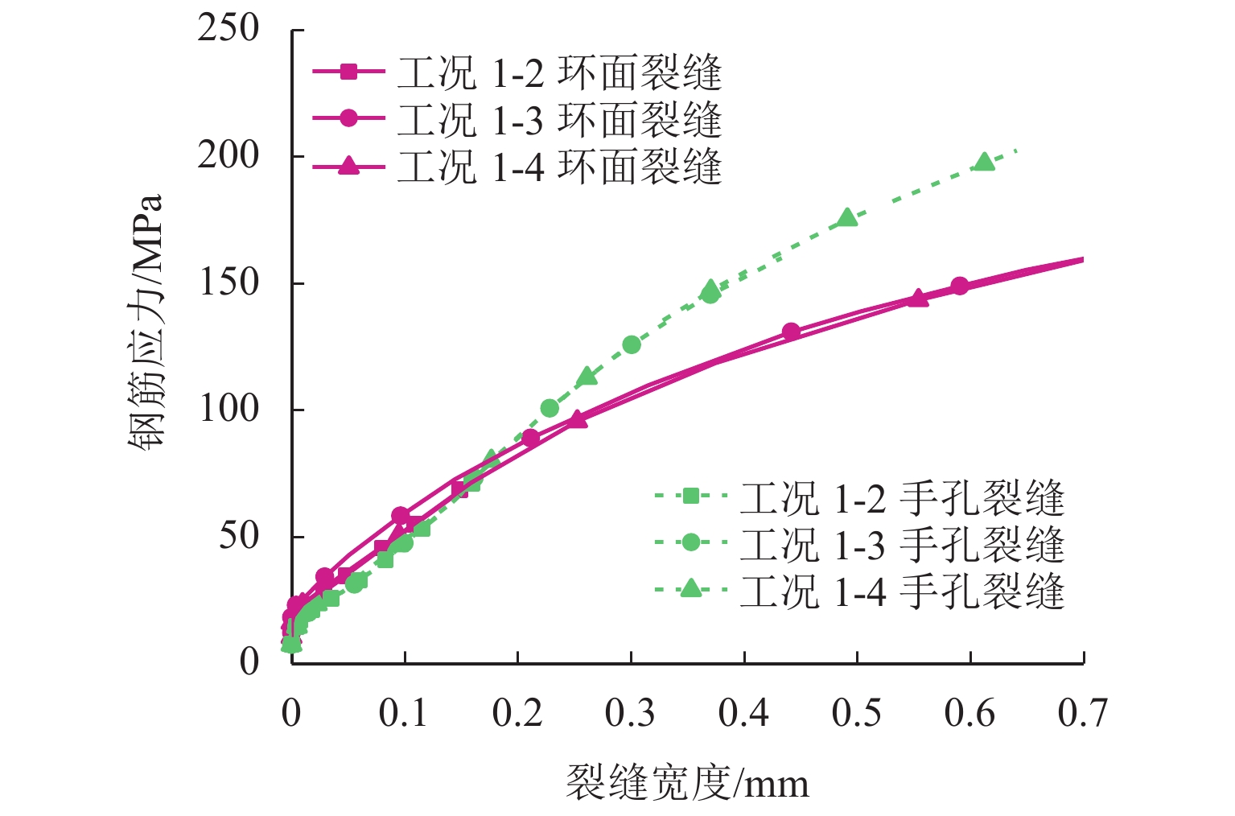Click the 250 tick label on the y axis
229,29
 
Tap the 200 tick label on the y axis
229,155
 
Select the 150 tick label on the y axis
229,282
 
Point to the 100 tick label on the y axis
229,409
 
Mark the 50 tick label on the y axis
239,536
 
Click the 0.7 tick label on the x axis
1083,713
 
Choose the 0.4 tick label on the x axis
743,713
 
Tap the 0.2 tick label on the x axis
517,713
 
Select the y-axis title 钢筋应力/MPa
147,322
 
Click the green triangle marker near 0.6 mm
984,162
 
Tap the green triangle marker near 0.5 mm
847,217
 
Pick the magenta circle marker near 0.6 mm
959,286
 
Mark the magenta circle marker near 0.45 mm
791,332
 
